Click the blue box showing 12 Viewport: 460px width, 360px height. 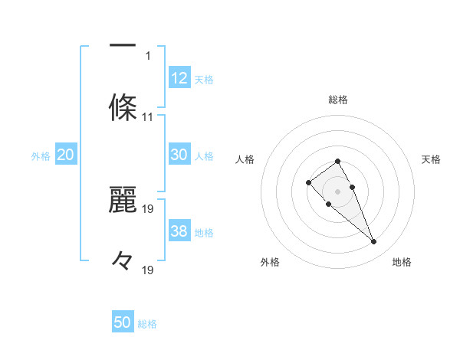tap(179, 78)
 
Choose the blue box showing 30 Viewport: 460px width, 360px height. tap(179, 155)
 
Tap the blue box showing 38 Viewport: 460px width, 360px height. tap(179, 231)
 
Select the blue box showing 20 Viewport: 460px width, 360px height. tap(66, 155)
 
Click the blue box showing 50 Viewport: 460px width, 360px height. tap(123, 322)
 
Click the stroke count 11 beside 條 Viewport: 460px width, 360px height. tap(148, 117)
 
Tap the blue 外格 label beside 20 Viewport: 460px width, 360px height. tap(41, 155)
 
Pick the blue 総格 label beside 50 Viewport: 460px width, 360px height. tap(147, 324)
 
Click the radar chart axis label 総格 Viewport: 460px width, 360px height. tap(338, 100)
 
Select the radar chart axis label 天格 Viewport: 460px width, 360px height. tap(432, 159)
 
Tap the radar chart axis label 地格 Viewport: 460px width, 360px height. tap(402, 262)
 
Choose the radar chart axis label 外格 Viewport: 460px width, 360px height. tap(270, 262)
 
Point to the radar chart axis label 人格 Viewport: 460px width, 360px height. tap(245, 159)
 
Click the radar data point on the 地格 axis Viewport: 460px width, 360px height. tap(373, 242)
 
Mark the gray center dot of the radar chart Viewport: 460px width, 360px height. tap(338, 191)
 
